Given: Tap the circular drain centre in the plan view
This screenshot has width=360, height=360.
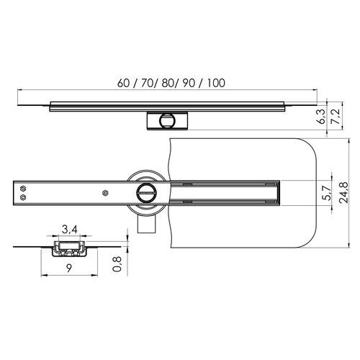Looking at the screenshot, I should pyautogui.click(x=147, y=192).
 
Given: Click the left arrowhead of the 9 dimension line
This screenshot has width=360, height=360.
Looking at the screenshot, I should pyautogui.click(x=42, y=276).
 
